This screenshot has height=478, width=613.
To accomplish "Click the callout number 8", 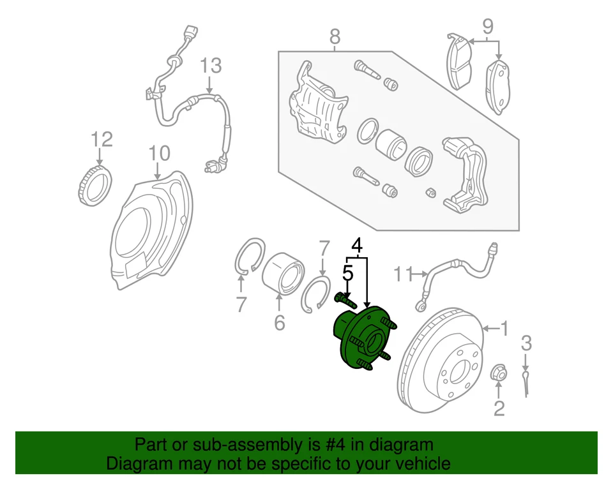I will [x=335, y=38].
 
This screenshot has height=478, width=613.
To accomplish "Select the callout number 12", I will [x=101, y=139].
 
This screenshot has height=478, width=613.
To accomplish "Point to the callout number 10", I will [x=159, y=153].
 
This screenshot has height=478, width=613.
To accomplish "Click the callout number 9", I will [x=487, y=26].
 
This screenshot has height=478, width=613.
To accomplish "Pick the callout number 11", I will [x=403, y=274].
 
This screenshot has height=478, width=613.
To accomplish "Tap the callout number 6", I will [x=279, y=324].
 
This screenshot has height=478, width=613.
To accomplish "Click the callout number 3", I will [x=526, y=343].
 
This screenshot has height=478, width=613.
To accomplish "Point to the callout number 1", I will [x=504, y=329].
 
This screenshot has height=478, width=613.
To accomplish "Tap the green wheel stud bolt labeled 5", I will [x=344, y=298].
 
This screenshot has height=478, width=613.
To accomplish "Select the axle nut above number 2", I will [x=499, y=373].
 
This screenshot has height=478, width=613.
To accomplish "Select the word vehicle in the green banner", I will [x=418, y=463].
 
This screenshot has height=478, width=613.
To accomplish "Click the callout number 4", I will [x=358, y=244].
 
